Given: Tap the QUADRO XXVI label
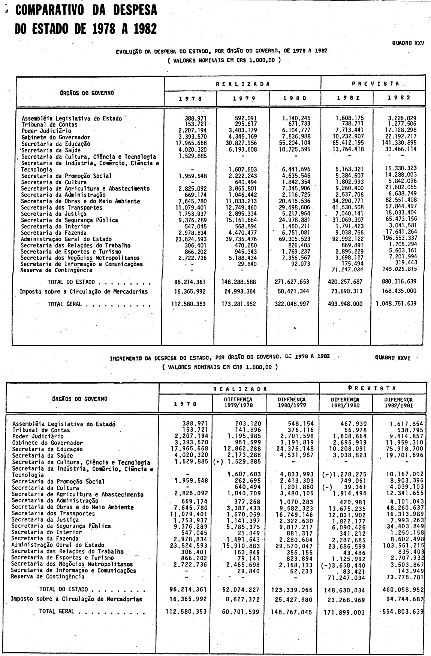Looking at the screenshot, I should tap(392, 358).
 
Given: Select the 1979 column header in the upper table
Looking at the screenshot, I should tap(241, 98).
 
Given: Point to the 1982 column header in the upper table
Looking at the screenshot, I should tap(399, 97).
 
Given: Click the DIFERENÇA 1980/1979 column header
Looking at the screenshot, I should tap(292, 403).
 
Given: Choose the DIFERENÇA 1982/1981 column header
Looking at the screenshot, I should tap(398, 403).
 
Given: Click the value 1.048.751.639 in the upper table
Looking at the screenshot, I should tap(396, 304).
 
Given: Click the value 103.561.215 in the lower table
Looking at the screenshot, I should tap(404, 545).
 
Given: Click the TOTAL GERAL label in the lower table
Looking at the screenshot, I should tap(57, 611).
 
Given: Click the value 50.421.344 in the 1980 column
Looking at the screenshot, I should tap(291, 292).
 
